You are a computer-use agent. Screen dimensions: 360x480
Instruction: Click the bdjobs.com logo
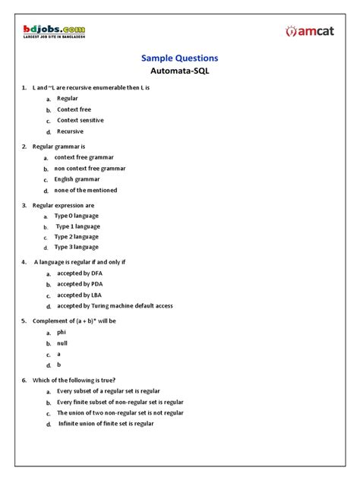point(54,30)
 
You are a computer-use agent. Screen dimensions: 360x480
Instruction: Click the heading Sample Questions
point(180,58)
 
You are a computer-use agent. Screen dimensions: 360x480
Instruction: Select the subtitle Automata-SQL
point(180,72)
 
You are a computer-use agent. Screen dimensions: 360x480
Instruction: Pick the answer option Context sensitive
point(81,120)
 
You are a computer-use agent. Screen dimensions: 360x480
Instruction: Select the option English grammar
point(77,179)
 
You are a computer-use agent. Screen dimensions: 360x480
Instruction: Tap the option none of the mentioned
point(86,191)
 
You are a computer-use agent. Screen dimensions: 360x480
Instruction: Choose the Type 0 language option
point(76,216)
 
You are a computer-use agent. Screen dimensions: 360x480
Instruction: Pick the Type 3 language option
point(76,247)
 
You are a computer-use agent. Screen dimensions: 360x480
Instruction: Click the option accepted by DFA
point(80,273)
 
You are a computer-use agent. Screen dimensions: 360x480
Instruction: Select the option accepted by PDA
point(80,284)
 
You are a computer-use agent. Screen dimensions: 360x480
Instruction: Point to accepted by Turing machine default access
point(115,306)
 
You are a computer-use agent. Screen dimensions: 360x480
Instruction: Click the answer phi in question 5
point(62,332)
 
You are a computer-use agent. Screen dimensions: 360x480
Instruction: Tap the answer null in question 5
point(62,343)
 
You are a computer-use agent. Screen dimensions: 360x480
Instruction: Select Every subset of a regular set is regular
point(109,390)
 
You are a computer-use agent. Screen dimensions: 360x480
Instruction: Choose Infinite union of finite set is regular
point(106,424)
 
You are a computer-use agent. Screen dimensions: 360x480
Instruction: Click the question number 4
point(24,262)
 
